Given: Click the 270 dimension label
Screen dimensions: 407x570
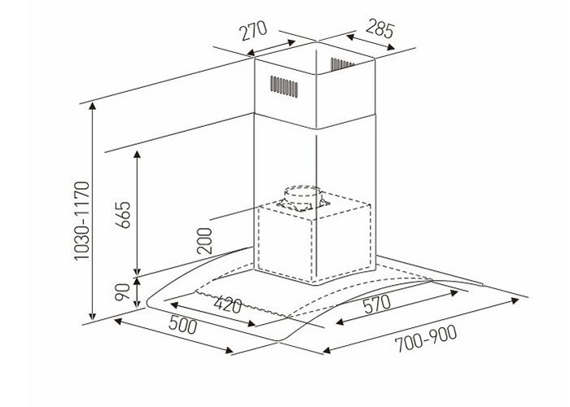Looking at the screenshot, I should click(254, 32).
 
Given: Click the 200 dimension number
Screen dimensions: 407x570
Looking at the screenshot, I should click(204, 242).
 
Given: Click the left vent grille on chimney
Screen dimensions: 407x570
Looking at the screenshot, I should click(282, 85).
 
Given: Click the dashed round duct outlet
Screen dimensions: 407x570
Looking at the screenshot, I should click(302, 198).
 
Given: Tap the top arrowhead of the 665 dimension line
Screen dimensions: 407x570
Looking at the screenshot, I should click(138, 153).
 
